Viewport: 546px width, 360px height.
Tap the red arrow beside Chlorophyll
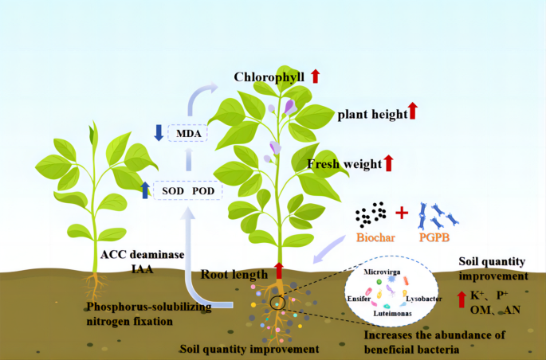click(316, 76)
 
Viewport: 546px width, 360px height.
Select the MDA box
click(188, 133)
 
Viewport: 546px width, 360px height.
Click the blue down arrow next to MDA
click(159, 133)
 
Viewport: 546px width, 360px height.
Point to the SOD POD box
click(188, 190)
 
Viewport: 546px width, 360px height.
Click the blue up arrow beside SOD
click(145, 190)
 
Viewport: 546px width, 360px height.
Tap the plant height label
click(371, 113)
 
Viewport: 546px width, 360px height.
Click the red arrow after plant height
click(413, 112)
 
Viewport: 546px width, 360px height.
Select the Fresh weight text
click(344, 164)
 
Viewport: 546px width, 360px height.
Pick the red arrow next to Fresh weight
click(389, 163)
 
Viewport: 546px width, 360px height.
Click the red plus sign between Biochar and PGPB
click(402, 213)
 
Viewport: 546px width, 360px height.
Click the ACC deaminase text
click(143, 255)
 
